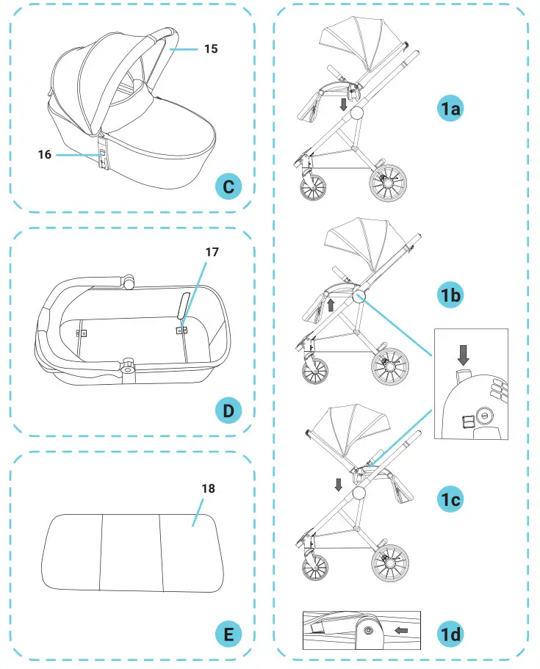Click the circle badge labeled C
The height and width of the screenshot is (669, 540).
pyautogui.click(x=228, y=187)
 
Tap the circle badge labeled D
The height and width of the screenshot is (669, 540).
pyautogui.click(x=228, y=411)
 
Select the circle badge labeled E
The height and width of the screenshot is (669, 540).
pyautogui.click(x=228, y=634)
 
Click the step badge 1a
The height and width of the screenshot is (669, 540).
pyautogui.click(x=449, y=109)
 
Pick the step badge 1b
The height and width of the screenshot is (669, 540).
pyautogui.click(x=449, y=295)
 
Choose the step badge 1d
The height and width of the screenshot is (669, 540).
pyautogui.click(x=449, y=631)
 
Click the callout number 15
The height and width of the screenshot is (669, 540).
pyautogui.click(x=211, y=49)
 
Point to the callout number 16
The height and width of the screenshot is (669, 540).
pyautogui.click(x=45, y=155)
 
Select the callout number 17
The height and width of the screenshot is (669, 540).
pyautogui.click(x=212, y=251)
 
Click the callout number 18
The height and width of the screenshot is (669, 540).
pyautogui.click(x=209, y=488)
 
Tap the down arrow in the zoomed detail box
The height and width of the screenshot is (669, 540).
pyautogui.click(x=462, y=356)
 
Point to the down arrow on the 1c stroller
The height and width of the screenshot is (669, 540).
pyautogui.click(x=338, y=484)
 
